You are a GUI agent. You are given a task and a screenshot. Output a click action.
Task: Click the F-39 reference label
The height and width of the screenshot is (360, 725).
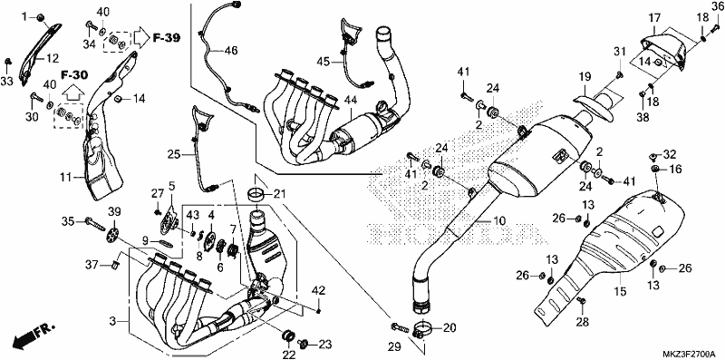166,37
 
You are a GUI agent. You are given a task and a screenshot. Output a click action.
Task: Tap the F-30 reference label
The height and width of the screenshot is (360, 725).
74,73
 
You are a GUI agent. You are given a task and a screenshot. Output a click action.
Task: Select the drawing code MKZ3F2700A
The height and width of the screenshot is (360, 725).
692,354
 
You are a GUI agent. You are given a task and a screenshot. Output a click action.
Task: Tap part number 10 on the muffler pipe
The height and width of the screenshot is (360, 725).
499,221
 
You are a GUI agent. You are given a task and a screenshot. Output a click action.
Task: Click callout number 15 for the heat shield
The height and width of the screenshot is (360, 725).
620,292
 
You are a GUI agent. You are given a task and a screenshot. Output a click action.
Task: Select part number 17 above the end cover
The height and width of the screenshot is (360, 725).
654,19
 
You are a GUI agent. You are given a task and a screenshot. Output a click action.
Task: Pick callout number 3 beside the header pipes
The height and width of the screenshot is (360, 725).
111,321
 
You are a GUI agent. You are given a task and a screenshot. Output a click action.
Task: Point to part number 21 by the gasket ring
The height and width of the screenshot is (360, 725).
280,193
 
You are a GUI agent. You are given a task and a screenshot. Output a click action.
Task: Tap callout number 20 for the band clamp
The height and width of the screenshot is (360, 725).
449,328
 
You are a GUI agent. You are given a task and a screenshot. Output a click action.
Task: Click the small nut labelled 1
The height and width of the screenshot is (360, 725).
40,17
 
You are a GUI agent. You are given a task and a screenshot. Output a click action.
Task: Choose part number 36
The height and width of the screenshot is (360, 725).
717,5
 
